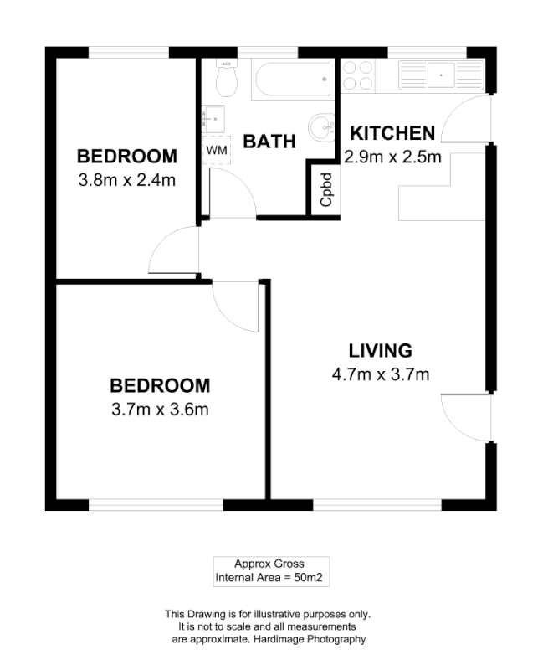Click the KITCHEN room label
click(x=392, y=133)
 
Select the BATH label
click(x=269, y=142)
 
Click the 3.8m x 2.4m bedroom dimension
click(x=126, y=178)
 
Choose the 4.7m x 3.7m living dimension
click(x=381, y=374)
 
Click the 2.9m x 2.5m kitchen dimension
click(x=392, y=157)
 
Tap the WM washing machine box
click(x=216, y=150)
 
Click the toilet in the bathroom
click(x=225, y=79)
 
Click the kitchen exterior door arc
click(x=464, y=120)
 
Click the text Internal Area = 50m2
click(x=270, y=578)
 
